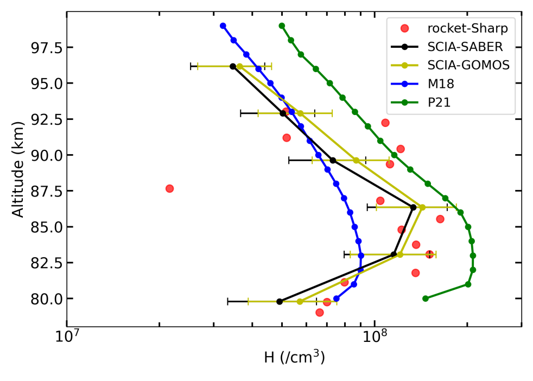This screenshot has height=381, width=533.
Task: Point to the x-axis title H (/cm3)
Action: point(294,357)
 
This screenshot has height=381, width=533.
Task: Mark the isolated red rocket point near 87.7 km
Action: point(169,188)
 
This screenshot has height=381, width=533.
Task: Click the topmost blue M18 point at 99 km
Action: point(223,26)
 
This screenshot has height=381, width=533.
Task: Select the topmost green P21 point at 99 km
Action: point(282,26)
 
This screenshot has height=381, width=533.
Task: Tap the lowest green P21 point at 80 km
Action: point(426,299)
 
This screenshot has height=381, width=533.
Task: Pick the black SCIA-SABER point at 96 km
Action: point(233,66)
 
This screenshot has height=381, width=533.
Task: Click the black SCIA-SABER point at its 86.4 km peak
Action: point(413,207)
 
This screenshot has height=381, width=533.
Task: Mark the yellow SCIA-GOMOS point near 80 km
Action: point(300,301)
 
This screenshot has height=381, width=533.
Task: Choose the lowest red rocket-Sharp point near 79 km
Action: point(320,313)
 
